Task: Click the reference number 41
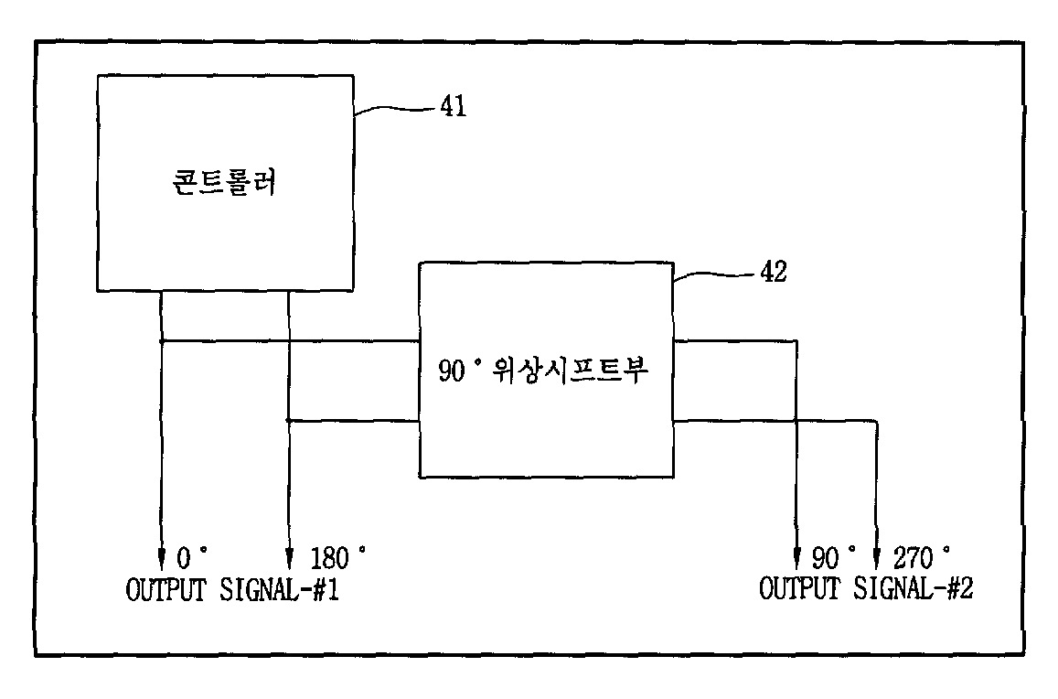pyautogui.click(x=453, y=107)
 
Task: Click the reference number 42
pyautogui.click(x=773, y=273)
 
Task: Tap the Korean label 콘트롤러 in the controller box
pyautogui.click(x=226, y=184)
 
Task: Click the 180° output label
pyautogui.click(x=337, y=557)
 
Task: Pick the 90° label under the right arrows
pyautogui.click(x=835, y=557)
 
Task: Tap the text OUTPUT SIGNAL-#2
pyautogui.click(x=866, y=588)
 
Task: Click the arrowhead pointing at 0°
pyautogui.click(x=162, y=557)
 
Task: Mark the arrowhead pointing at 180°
pyautogui.click(x=289, y=557)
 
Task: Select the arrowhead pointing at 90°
pyautogui.click(x=796, y=557)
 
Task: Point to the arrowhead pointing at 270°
pyautogui.click(x=878, y=557)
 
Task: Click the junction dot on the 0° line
pyautogui.click(x=162, y=342)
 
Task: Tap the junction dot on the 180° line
pyautogui.click(x=289, y=421)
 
